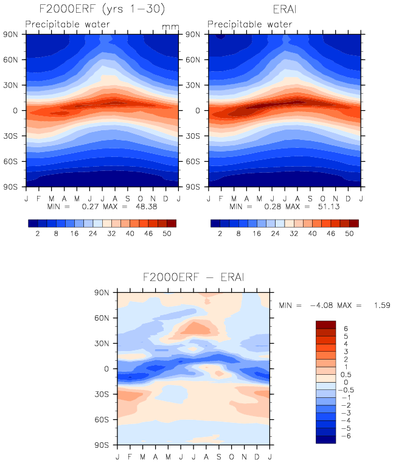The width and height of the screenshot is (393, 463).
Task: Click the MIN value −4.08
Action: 320,305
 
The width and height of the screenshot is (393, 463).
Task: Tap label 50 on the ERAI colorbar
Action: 350,234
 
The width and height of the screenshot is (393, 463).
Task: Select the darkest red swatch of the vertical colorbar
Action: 326,324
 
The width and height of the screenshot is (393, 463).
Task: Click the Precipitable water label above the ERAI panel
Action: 249,25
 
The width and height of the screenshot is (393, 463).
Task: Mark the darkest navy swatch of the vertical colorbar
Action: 326,439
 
